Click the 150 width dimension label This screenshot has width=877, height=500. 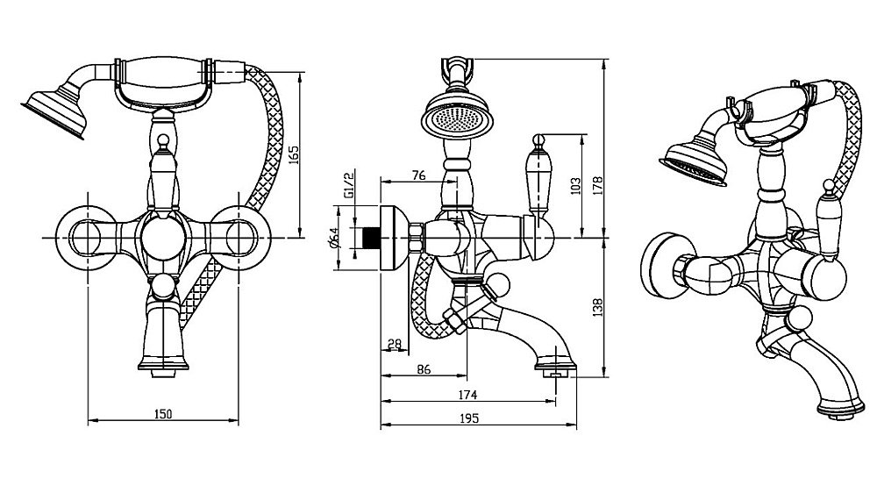pyautogui.click(x=164, y=413)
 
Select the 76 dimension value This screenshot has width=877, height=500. pyautogui.click(x=418, y=175)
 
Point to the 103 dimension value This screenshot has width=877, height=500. pyautogui.click(x=575, y=186)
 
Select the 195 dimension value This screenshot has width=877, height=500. pyautogui.click(x=468, y=419)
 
